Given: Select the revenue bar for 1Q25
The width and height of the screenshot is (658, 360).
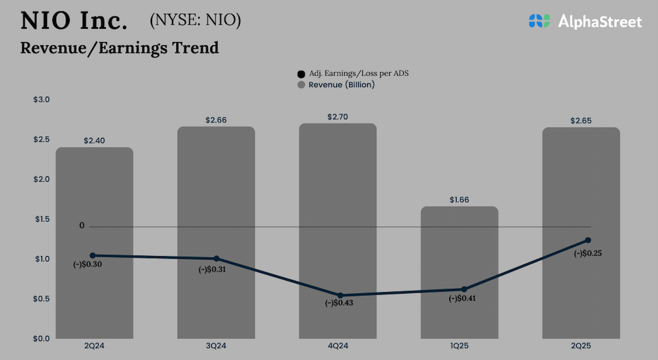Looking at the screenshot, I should point(460,273).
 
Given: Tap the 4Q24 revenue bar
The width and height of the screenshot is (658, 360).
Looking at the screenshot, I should point(338,231).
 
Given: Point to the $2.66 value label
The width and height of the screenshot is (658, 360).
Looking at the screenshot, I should point(216,120).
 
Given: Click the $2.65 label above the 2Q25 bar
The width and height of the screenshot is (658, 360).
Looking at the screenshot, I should point(581,121).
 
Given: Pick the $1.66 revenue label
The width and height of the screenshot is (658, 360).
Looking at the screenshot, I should point(460,200).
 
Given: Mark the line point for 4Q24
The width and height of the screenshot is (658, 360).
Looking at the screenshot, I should point(340,295).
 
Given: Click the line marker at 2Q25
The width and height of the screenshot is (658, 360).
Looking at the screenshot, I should point(588,240).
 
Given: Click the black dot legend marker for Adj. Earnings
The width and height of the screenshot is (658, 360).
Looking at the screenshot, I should point(301,74).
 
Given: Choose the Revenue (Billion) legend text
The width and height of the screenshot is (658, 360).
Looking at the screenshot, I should point(341,85).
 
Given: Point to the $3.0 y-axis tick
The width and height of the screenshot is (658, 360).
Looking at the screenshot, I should point(41,100).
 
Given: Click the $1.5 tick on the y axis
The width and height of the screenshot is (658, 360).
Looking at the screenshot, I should point(41,219).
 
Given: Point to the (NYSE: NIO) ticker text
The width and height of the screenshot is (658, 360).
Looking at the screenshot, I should point(195,20).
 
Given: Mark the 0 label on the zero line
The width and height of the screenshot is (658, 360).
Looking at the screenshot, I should point(82,226).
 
